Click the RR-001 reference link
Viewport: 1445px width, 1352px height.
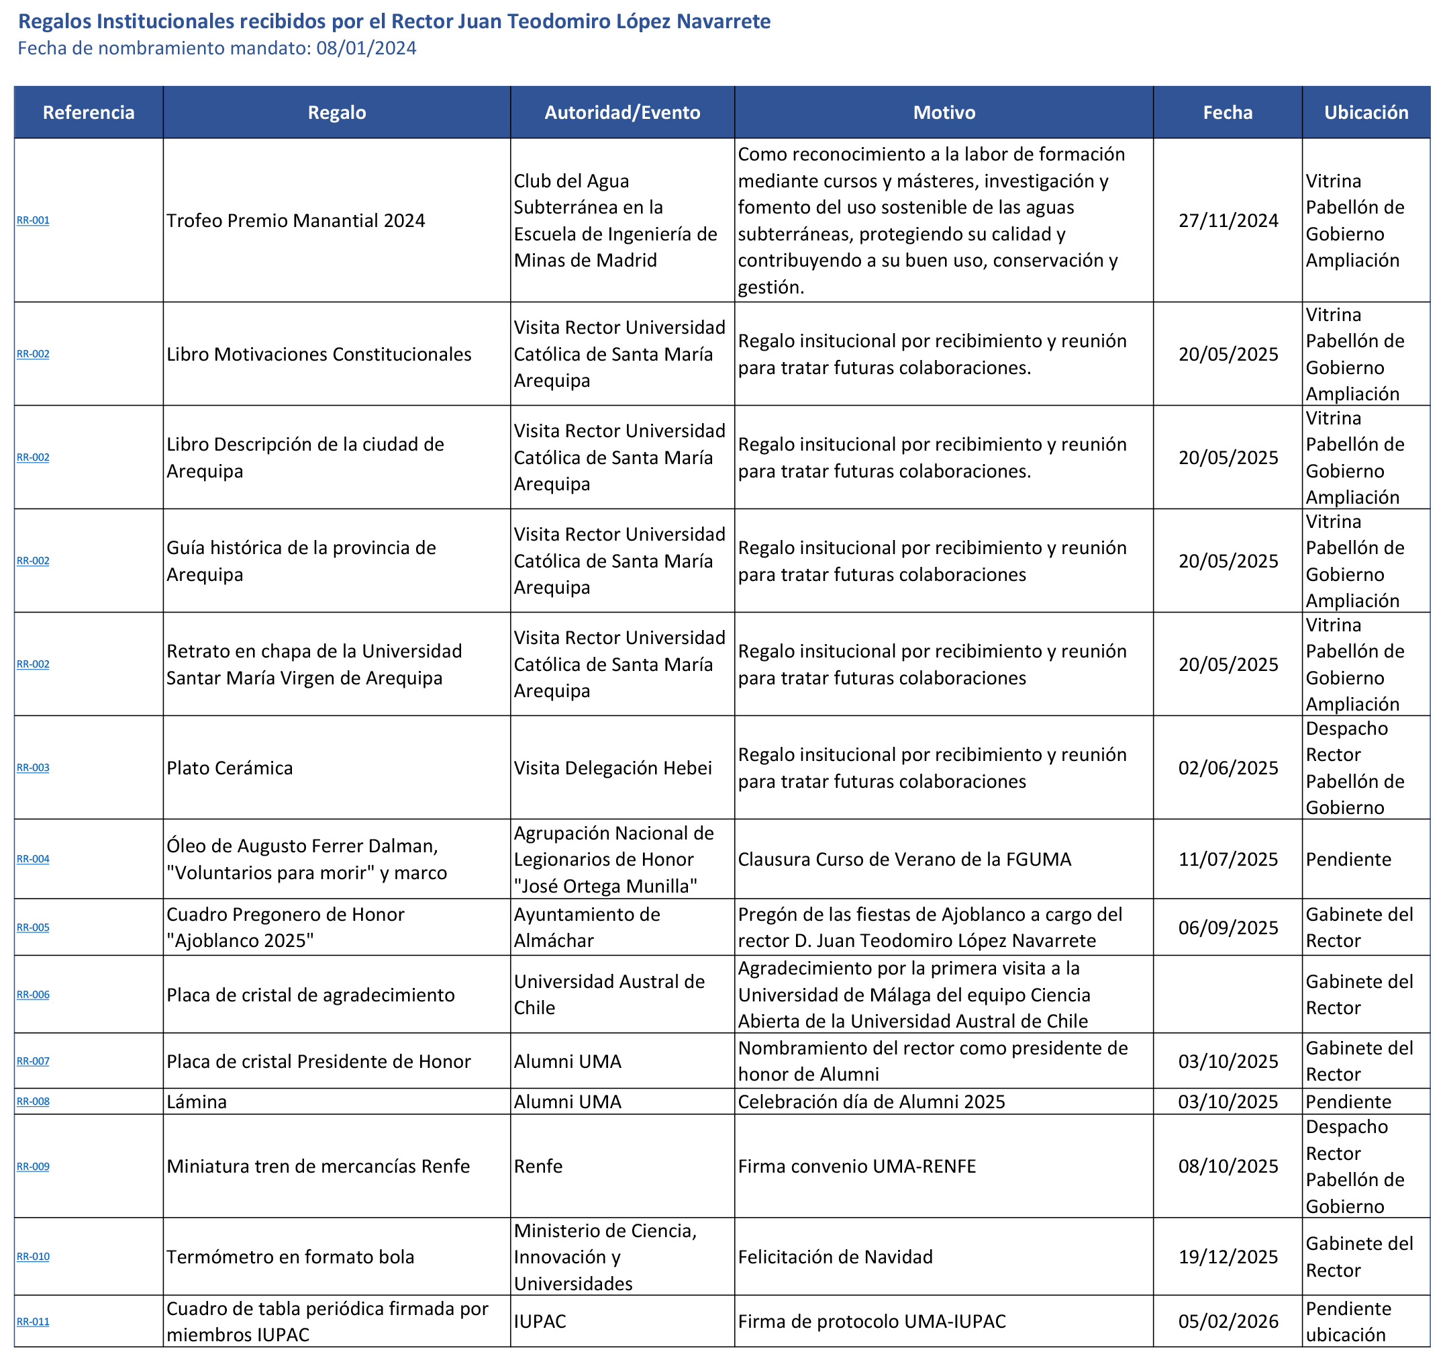(33, 220)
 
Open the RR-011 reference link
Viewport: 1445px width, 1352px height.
(33, 1322)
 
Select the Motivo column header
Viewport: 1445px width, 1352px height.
(944, 113)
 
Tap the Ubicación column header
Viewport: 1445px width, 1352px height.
(1365, 113)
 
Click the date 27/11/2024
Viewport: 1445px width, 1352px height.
(1228, 221)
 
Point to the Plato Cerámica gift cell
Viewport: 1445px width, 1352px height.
(230, 768)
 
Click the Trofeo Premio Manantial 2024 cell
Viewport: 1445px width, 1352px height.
(296, 221)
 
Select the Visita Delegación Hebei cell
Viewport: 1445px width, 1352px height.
(612, 768)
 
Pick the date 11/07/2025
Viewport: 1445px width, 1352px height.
(1228, 860)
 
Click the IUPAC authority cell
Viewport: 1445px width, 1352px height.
(540, 1322)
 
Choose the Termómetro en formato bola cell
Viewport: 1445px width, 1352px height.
(290, 1257)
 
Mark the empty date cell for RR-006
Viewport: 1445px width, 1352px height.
(1227, 995)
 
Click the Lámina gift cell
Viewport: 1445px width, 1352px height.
(197, 1102)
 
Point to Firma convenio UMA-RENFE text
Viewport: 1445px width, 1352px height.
(856, 1167)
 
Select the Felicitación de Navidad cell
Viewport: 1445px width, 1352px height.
(835, 1257)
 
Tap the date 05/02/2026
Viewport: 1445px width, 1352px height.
(1228, 1322)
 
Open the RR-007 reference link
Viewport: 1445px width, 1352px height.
(33, 1061)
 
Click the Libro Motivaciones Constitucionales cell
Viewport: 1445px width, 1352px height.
(318, 354)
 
